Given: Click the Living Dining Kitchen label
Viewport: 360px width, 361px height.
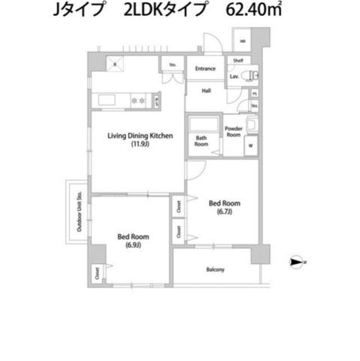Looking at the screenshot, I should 141,135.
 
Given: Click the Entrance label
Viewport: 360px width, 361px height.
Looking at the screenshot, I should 205,69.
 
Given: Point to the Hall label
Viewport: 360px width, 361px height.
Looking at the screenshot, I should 205,90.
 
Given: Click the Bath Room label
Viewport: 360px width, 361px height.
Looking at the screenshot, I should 202,141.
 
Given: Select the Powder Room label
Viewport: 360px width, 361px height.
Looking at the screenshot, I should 234,132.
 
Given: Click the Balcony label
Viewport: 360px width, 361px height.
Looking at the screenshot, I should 216,269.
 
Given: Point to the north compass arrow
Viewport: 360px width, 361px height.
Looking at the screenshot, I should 298,262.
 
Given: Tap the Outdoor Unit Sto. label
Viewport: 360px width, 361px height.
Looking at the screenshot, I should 78,213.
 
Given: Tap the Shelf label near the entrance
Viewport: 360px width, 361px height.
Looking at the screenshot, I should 237,60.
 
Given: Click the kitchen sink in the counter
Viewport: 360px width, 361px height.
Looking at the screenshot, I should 104,99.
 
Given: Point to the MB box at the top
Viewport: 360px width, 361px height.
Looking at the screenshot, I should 242,42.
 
